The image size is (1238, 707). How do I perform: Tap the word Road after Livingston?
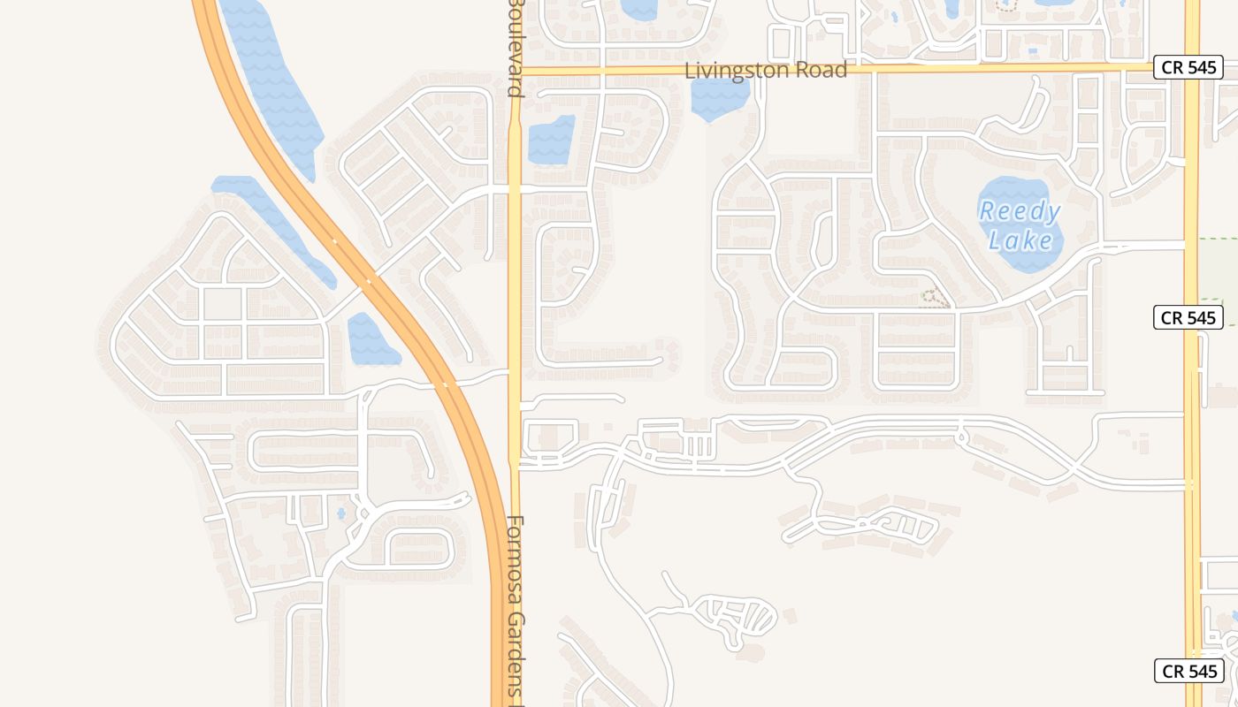click(819, 70)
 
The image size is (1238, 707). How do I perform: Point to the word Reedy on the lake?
click(1020, 211)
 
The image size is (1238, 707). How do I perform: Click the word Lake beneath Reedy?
click(1020, 240)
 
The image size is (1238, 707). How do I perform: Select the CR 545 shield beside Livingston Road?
click(1188, 67)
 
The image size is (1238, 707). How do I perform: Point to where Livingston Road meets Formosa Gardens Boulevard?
click(515, 69)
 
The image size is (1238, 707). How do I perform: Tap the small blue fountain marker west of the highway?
click(341, 513)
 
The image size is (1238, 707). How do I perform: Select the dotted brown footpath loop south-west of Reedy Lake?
click(936, 297)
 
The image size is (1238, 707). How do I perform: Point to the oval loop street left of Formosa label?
click(420, 549)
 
